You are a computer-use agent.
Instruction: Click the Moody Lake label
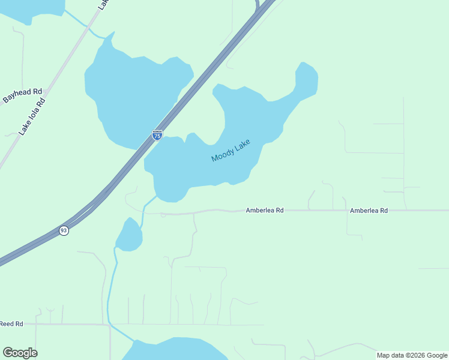(x=230, y=151)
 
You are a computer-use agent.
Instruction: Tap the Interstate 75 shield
(x=157, y=136)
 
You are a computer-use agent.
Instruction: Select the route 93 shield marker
(x=64, y=230)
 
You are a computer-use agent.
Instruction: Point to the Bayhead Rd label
(x=23, y=96)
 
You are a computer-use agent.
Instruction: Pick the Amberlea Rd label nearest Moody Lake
(x=264, y=211)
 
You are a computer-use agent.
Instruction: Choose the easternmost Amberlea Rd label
(x=369, y=211)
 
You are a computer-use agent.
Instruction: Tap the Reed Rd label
(x=11, y=324)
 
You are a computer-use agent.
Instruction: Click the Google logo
(x=20, y=353)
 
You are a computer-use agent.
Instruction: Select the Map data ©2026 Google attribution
(x=412, y=355)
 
